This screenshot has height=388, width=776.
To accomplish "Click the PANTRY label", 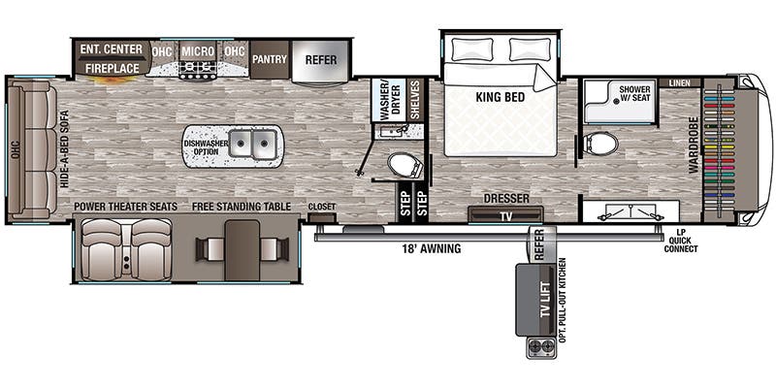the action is point(270,59).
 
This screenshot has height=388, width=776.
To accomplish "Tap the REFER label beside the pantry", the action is point(321,60).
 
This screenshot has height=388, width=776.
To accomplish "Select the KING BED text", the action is point(501,97).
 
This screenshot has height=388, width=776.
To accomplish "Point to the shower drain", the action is point(616,101).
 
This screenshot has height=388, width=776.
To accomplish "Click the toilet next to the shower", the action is point(600,144).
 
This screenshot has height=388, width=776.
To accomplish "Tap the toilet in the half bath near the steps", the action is point(404,164).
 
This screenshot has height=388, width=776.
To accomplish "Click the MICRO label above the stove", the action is point(198,51).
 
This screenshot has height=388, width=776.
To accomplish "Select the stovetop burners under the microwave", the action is point(198,69).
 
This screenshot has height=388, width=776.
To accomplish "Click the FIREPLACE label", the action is point(112,68).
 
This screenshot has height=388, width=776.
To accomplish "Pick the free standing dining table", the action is point(242,250).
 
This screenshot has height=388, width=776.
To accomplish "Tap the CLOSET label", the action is point(322,207).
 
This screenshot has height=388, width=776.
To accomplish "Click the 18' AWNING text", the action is point(431,248).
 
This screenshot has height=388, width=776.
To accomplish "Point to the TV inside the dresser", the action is point(505,215).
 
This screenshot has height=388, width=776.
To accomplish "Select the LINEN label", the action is point(680,83).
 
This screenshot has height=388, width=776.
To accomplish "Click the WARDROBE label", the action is point(694,145).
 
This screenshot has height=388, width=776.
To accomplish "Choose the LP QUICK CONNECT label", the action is point(681,241).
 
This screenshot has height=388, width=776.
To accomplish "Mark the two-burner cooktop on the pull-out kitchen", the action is point(540,346).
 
